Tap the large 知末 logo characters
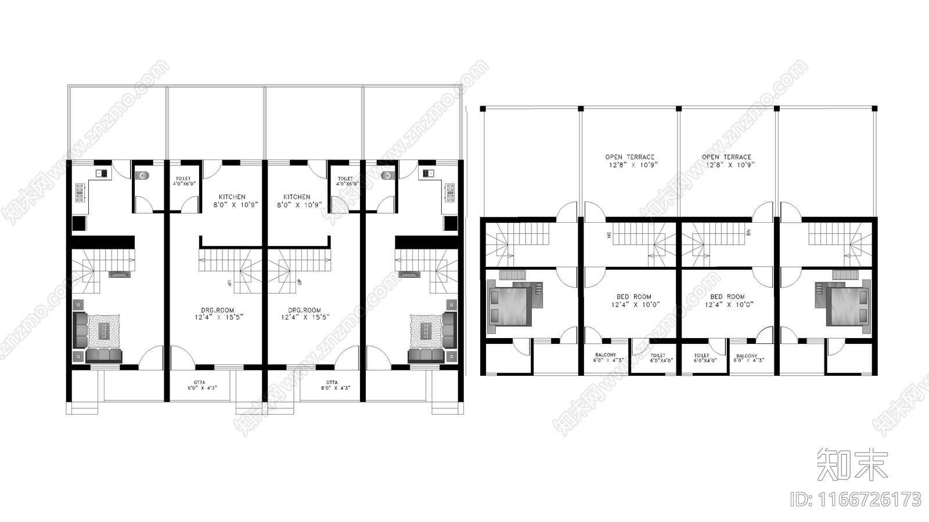pos(852,464)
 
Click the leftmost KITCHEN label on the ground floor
pos(232,197)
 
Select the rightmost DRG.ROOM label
pos(304,310)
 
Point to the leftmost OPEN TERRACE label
pos(629,157)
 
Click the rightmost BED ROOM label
pos(727,297)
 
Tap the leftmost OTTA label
pos(199,382)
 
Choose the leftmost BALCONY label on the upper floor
pos(606,355)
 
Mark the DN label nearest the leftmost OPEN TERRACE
pos(609,234)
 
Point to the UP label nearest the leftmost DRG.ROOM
pos(229,282)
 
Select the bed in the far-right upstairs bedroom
pos(842,306)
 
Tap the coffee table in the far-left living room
pos(104,331)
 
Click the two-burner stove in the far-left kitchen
pos(80,193)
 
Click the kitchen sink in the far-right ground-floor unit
pos(429,173)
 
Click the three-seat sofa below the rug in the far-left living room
pos(104,355)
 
